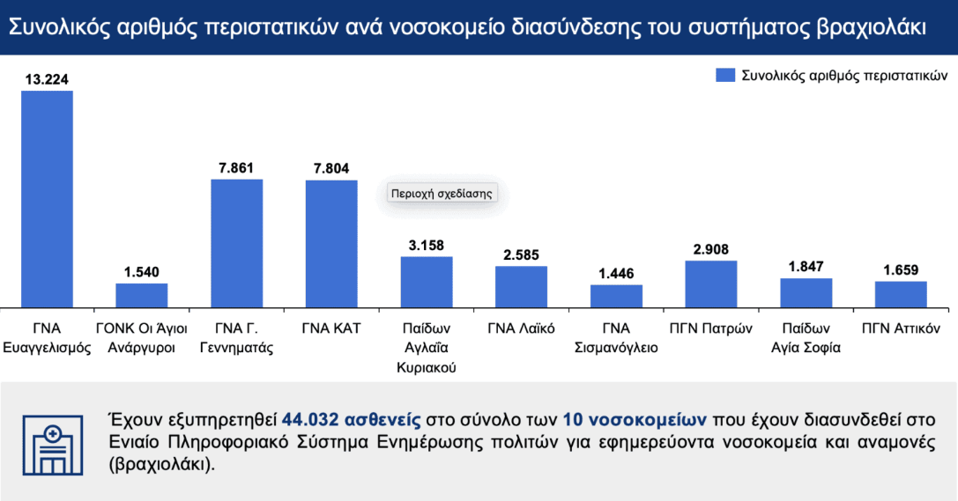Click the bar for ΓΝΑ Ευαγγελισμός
point(48,198)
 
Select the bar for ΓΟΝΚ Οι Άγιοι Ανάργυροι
point(142,295)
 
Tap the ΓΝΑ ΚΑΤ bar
point(331,243)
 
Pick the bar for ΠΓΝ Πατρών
point(710,284)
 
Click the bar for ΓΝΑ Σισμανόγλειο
point(616,296)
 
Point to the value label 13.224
point(48,79)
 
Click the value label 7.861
point(237,167)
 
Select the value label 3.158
point(427,245)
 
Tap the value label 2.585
point(521,254)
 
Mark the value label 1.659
point(900,269)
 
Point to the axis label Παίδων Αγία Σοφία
point(806,338)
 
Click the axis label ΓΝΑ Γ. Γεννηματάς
point(237,338)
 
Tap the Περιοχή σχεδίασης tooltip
point(441,193)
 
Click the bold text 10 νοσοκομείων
point(620,418)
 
